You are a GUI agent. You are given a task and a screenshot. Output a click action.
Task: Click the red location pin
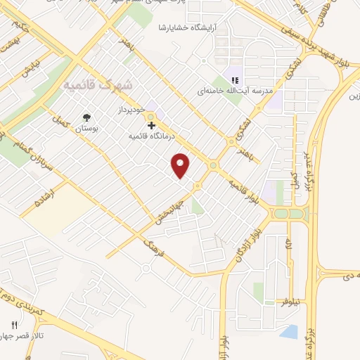[181, 165]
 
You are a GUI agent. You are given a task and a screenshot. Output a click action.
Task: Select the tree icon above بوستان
[87, 118]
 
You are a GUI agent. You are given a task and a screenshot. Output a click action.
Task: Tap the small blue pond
[290, 330]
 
